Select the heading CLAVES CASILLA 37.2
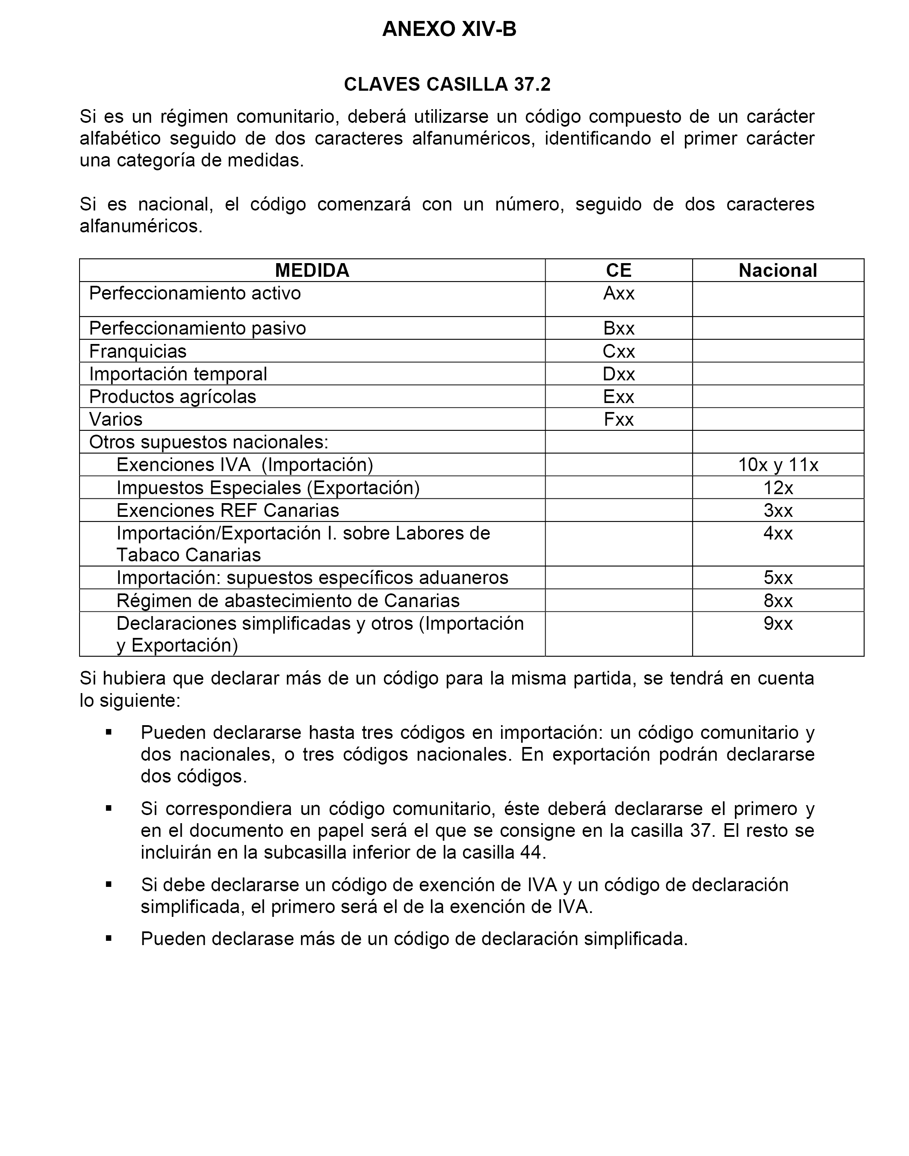click(x=447, y=85)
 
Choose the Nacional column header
click(x=778, y=270)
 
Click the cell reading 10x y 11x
click(x=778, y=465)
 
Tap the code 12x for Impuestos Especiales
click(x=778, y=488)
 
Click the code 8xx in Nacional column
click(x=778, y=601)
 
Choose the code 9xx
click(x=778, y=623)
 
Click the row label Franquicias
click(x=138, y=351)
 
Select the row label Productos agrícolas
click(x=172, y=397)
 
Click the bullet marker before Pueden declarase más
click(x=109, y=938)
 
